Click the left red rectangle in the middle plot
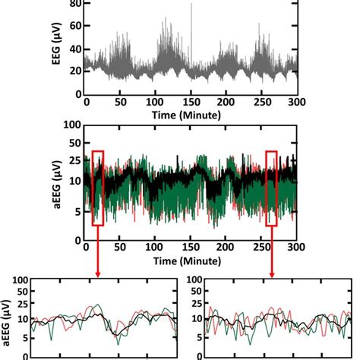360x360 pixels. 97,188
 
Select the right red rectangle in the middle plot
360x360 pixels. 272,188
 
